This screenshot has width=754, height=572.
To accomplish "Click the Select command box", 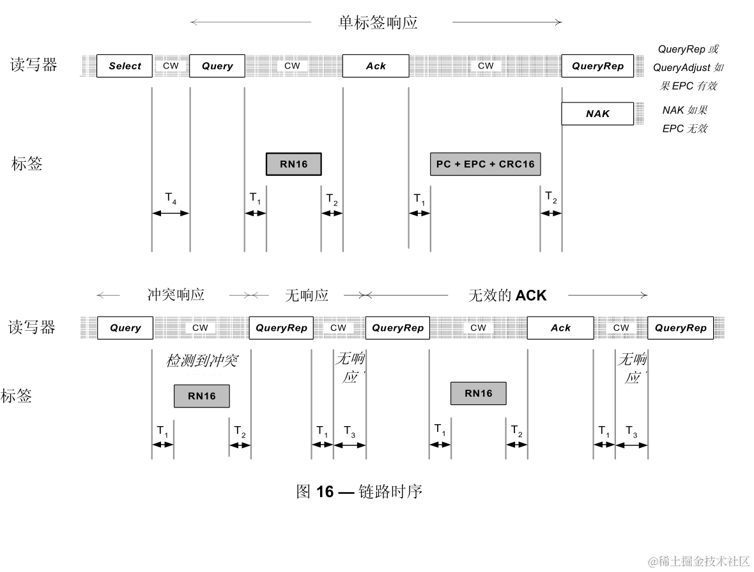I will pos(125,66).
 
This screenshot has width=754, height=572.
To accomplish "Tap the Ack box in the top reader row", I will pos(375,66).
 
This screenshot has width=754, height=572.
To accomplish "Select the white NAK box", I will pos(597,114).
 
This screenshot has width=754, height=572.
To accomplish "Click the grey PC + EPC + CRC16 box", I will pos(485,164).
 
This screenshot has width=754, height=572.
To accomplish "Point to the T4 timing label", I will pos(171,198).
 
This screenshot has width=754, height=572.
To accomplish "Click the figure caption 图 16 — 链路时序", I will pos(359,491).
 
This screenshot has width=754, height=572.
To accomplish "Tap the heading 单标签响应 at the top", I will pos(378,23).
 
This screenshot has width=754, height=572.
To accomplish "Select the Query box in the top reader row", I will pos(217,66).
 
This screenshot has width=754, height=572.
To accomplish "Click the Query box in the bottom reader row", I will pos(125,328).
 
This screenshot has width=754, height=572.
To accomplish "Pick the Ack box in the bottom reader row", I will pos(560,328).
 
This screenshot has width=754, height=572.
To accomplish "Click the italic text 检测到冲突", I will pos(202,360).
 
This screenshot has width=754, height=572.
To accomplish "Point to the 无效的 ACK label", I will pos(507,295).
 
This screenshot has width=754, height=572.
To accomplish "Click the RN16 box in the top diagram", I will pos(293,164).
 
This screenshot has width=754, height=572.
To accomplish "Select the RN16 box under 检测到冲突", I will pos(201,395).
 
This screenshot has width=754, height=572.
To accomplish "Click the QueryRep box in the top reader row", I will pos(597,66).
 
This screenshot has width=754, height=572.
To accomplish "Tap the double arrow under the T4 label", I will pos(171,214).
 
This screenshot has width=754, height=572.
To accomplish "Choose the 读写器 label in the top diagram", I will pos(33,65).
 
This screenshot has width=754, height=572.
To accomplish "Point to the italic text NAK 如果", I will pos(684,110).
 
